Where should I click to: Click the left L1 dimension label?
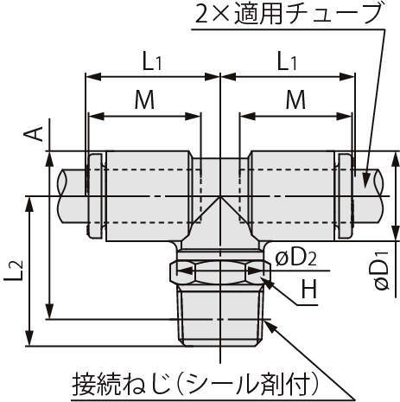coord(152,62)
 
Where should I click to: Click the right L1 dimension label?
coord(287,62)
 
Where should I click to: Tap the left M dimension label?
coord(144,100)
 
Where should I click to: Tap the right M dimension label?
coord(295,100)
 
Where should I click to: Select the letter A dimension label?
coord(34,134)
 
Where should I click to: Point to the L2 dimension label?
coord(14,271)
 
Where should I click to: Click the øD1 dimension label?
coord(382,271)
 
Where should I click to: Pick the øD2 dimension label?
coord(296,259)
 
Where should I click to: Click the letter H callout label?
coord(309,290)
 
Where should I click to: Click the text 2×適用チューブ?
coord(288,14)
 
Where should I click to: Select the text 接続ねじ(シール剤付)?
coord(196,385)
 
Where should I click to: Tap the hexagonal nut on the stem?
coord(220,271)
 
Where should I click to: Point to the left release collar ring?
coord(95,196)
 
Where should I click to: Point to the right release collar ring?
coord(345,196)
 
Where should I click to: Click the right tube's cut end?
coord(379,196)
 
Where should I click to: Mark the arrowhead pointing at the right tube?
coord(366,180)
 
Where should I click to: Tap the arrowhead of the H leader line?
coord(267,283)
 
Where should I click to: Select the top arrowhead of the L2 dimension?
coord(29,204)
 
